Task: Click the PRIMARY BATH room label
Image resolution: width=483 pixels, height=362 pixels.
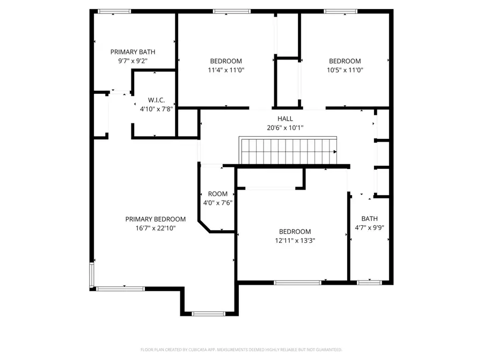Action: click(133, 52)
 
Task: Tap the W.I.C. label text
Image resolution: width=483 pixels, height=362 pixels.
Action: click(156, 100)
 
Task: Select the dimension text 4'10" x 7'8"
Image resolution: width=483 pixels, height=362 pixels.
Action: click(156, 109)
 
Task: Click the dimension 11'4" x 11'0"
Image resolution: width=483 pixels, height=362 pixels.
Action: click(225, 70)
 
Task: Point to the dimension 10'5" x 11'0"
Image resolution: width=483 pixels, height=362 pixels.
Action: click(345, 70)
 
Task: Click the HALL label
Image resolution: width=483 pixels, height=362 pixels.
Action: click(285, 119)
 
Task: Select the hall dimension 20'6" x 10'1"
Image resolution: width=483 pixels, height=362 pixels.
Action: click(285, 128)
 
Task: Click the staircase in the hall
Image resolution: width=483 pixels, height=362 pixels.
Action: click(288, 152)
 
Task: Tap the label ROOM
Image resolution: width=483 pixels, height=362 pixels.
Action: click(218, 194)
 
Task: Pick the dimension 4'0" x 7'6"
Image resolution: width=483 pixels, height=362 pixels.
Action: click(218, 203)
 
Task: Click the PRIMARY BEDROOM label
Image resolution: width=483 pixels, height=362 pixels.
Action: click(156, 219)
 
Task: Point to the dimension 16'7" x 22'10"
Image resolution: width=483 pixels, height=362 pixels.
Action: click(156, 228)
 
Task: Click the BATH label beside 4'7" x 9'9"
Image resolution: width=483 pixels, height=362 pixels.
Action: click(369, 218)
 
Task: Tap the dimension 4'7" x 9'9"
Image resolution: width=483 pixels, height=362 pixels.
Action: click(369, 227)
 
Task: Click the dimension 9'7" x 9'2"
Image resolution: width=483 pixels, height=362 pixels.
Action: click(133, 61)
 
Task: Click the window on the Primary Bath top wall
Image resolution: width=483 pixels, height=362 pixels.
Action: click(114, 11)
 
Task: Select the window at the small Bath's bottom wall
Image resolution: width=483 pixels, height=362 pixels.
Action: click(369, 282)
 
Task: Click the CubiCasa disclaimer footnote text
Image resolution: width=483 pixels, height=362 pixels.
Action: click(241, 349)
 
